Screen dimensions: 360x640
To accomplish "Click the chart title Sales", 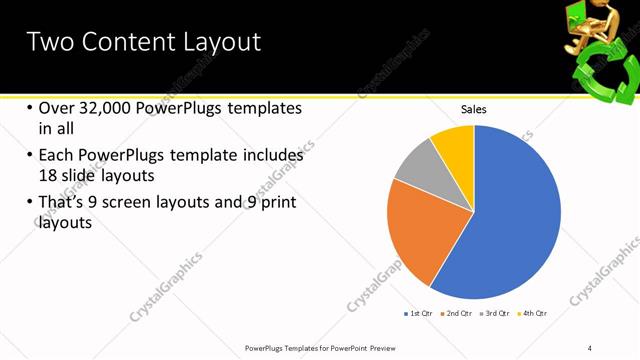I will click(x=473, y=109).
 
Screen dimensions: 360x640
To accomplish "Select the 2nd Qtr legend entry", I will click(x=456, y=313).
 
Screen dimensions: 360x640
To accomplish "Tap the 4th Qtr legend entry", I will click(x=533, y=313).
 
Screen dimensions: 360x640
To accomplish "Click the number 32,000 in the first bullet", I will click(x=103, y=108).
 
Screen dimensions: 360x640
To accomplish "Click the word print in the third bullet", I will click(x=277, y=202).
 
